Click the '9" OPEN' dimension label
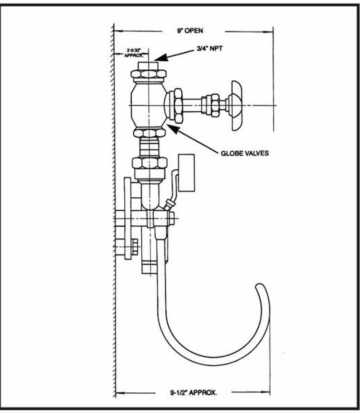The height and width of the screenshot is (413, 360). coord(190,31)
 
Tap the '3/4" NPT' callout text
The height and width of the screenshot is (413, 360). coord(209,49)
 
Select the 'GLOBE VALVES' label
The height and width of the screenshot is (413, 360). coord(245,153)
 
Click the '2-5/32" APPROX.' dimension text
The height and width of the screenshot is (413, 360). coord(134,52)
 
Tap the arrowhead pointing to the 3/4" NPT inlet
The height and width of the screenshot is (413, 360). coord(161,58)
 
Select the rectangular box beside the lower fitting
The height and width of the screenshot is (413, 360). coord(187,173)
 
